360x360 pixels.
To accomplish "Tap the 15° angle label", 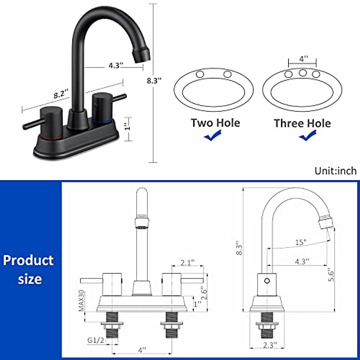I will click(x=301, y=242).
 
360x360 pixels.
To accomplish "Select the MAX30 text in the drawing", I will click(x=81, y=301).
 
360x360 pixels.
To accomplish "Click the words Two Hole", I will click(x=215, y=123).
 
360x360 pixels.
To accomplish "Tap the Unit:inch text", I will click(x=335, y=171).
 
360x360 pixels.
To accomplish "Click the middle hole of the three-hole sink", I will click(x=302, y=72).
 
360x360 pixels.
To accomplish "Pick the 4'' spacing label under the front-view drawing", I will click(x=142, y=349).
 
